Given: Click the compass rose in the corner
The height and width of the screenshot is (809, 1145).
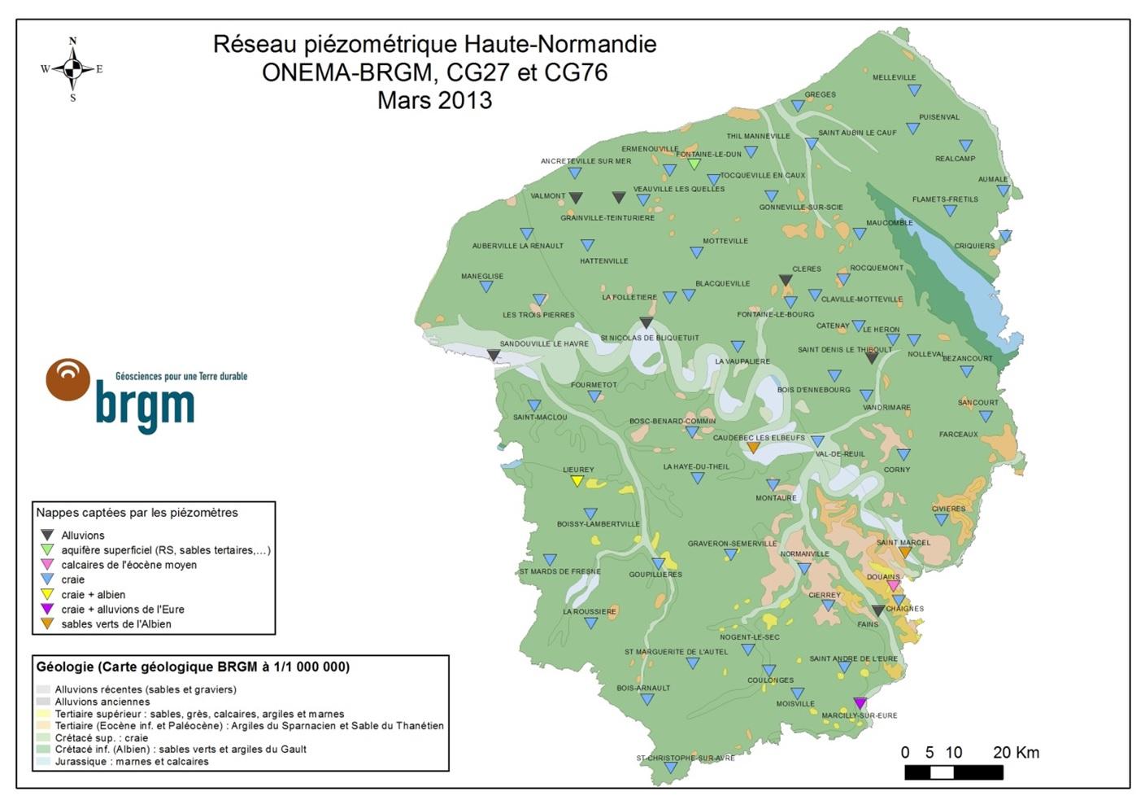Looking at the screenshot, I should (72, 69).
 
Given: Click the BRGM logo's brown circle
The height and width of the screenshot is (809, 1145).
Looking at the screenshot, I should (68, 380).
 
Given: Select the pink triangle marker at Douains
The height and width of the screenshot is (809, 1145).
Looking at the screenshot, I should (894, 586).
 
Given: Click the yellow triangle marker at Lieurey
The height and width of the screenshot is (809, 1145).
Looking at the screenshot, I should (577, 481).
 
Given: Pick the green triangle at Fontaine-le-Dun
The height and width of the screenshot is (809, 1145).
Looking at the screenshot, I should (694, 164).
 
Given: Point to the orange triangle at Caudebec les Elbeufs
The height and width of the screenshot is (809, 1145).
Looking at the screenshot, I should (753, 448).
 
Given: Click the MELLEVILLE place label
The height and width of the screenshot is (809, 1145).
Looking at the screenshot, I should (894, 77).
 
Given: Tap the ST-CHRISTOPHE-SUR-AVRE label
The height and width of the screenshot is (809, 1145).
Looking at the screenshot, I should (685, 758).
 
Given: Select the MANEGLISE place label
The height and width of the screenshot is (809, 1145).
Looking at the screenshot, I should (482, 276).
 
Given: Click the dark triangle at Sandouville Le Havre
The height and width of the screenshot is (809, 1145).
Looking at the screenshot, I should (494, 356).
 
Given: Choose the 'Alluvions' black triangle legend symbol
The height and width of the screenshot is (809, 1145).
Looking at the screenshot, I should (48, 535).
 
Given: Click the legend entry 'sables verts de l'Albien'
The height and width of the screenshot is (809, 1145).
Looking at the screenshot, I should (116, 624).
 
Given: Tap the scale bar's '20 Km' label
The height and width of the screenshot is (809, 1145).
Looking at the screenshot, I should (1016, 753).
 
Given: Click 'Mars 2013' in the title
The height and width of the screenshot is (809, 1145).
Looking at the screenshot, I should (434, 100).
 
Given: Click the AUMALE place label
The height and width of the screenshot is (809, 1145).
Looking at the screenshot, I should (993, 179).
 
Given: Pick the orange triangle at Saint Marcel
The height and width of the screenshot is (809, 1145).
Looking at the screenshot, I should (904, 553).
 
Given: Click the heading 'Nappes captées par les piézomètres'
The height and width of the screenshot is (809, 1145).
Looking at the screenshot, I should (137, 513).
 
